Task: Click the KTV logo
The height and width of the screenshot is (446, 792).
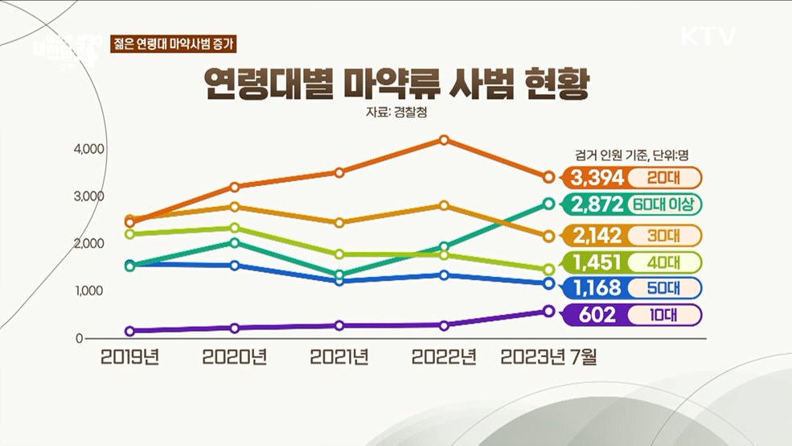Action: click(708, 37)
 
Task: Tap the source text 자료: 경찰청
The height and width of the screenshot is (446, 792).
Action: click(396, 114)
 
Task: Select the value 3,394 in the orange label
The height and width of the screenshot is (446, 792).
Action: click(596, 177)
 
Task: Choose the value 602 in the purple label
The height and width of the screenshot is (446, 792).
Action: click(596, 315)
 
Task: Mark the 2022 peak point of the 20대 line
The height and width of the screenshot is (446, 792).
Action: click(443, 139)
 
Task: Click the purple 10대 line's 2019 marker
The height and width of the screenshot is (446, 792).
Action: click(129, 331)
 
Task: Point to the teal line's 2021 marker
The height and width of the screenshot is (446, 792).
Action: click(339, 275)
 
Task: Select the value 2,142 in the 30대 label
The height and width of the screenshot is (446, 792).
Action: click(596, 236)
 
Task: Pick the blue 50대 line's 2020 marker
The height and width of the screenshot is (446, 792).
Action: click(235, 266)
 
